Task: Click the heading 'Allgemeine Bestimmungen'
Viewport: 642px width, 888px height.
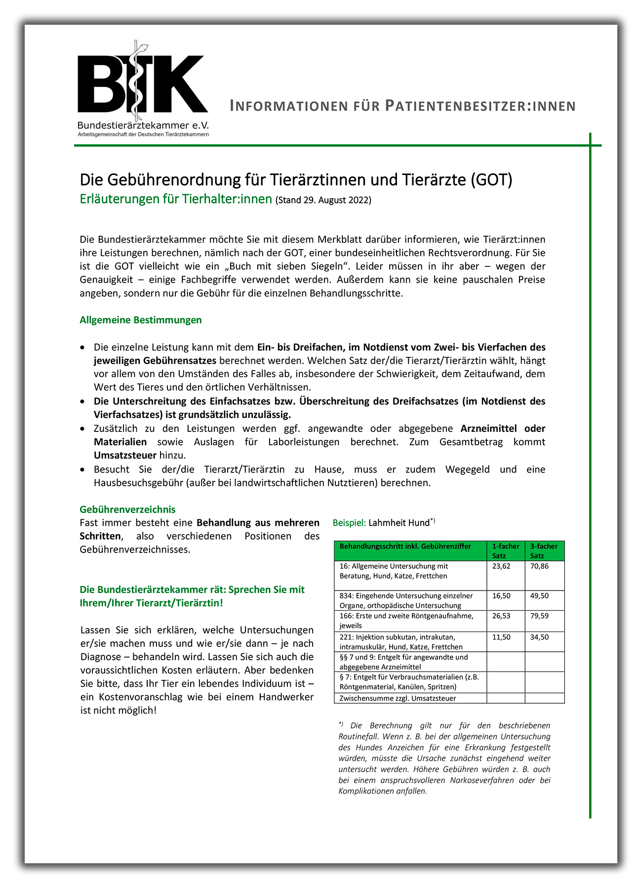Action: click(141, 320)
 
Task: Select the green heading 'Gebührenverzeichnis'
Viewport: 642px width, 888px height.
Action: click(127, 509)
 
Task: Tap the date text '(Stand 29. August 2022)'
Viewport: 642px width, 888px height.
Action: click(323, 200)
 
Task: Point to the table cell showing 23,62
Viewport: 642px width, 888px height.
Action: click(501, 566)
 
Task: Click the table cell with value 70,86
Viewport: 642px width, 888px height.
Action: click(539, 566)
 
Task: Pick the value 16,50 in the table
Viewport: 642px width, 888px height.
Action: click(501, 596)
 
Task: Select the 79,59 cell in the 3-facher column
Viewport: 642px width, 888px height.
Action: click(539, 616)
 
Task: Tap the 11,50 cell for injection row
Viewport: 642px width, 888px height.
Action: click(501, 637)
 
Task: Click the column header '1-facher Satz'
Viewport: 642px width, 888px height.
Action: click(505, 550)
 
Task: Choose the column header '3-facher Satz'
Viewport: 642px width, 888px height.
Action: click(544, 550)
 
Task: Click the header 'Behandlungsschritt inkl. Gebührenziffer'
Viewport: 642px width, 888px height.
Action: click(405, 547)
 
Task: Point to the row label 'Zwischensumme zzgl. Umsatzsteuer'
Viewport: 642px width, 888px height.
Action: click(398, 698)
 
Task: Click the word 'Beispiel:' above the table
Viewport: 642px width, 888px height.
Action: click(349, 523)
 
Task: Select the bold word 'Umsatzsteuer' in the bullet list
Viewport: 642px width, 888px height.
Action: click(125, 455)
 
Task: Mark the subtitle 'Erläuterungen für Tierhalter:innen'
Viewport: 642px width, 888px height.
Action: click(176, 199)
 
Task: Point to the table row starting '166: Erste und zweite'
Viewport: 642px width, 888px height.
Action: click(406, 621)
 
